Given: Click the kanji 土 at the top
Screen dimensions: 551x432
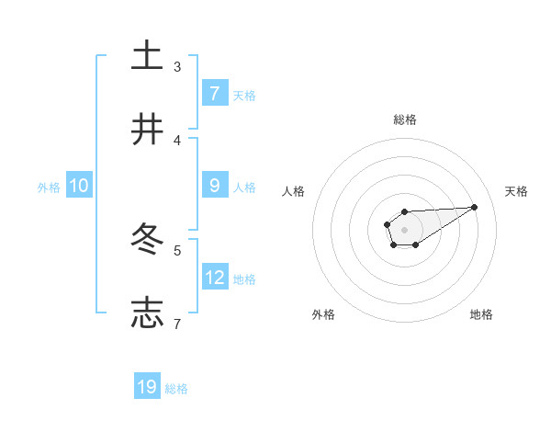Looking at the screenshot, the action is click(x=148, y=55).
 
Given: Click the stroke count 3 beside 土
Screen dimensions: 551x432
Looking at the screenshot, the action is click(x=177, y=66).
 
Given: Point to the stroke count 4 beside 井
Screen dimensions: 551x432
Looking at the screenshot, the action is click(x=177, y=140).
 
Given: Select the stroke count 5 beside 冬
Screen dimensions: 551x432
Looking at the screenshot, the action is click(x=177, y=250).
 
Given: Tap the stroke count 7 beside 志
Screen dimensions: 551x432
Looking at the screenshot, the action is click(x=177, y=324).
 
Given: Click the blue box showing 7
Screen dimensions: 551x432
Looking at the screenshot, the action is click(x=215, y=93).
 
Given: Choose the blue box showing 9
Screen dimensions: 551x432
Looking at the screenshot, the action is click(x=215, y=185).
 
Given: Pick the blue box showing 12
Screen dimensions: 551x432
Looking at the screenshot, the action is click(x=215, y=277).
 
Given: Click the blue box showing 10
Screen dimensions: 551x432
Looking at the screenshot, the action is click(x=79, y=186).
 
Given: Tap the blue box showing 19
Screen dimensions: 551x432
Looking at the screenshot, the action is click(x=147, y=387).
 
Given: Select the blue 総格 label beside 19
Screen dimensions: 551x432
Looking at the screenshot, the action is click(x=176, y=389).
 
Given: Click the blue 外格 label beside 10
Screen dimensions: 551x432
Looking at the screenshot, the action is click(x=49, y=187).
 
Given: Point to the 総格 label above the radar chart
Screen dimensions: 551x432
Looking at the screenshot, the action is click(x=404, y=119).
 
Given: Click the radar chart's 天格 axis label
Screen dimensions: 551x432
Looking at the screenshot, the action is click(x=516, y=191).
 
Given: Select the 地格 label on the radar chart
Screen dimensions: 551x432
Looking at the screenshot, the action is click(x=481, y=314).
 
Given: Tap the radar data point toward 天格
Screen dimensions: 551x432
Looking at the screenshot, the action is click(x=475, y=206).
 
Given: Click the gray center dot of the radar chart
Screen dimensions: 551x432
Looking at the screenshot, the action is click(x=404, y=229).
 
